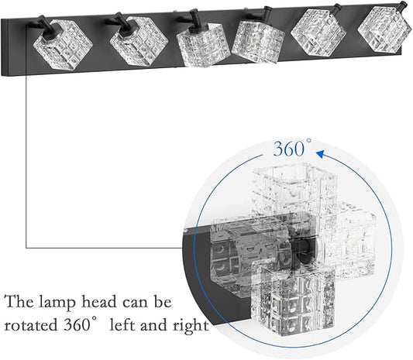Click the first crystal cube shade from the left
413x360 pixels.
pyautogui.click(x=63, y=44)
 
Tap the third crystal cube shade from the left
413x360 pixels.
pyautogui.click(x=200, y=44)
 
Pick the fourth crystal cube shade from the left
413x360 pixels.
pyautogui.click(x=257, y=41)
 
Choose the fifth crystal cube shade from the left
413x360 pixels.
pyautogui.click(x=318, y=33)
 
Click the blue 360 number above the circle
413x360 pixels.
pyautogui.click(x=289, y=149)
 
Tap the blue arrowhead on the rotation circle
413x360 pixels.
pyautogui.click(x=320, y=154)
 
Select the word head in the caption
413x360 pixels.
pyautogui.click(x=98, y=302)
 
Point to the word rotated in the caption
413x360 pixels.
pyautogui.click(x=31, y=324)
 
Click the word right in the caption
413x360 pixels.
pyautogui.click(x=191, y=325)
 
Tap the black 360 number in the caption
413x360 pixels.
pyautogui.click(x=77, y=324)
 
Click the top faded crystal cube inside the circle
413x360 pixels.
pyautogui.click(x=294, y=189)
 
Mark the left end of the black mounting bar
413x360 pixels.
pyautogui.click(x=2, y=47)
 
